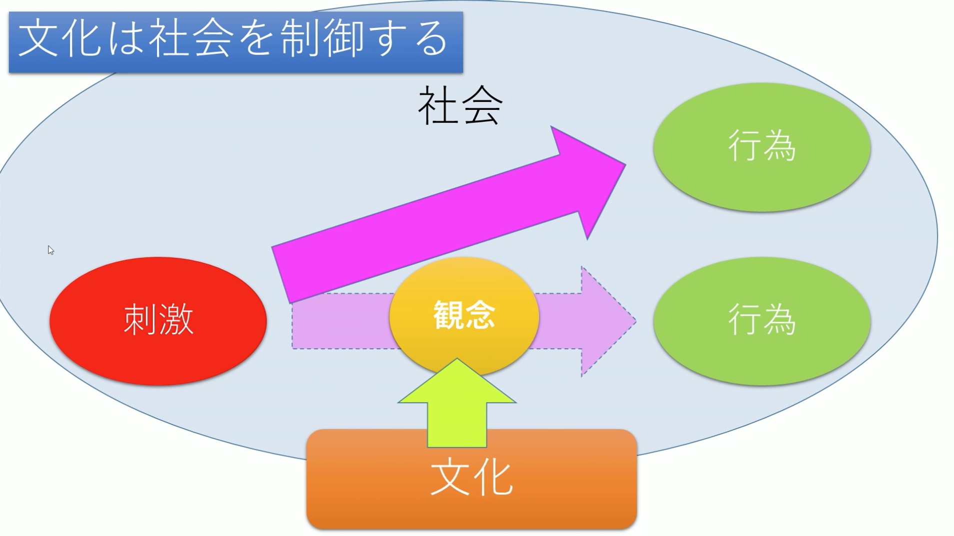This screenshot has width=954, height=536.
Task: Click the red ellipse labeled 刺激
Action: (158, 321)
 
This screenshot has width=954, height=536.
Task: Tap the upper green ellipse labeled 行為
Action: (761, 147)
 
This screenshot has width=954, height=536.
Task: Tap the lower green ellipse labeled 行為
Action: (761, 321)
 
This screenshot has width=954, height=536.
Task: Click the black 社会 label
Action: (460, 105)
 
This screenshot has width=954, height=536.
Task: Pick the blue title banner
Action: (235, 42)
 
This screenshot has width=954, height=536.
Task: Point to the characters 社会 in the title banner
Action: (191, 39)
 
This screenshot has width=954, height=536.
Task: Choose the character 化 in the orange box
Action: (492, 478)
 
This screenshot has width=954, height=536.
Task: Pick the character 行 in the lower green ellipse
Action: (744, 320)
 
